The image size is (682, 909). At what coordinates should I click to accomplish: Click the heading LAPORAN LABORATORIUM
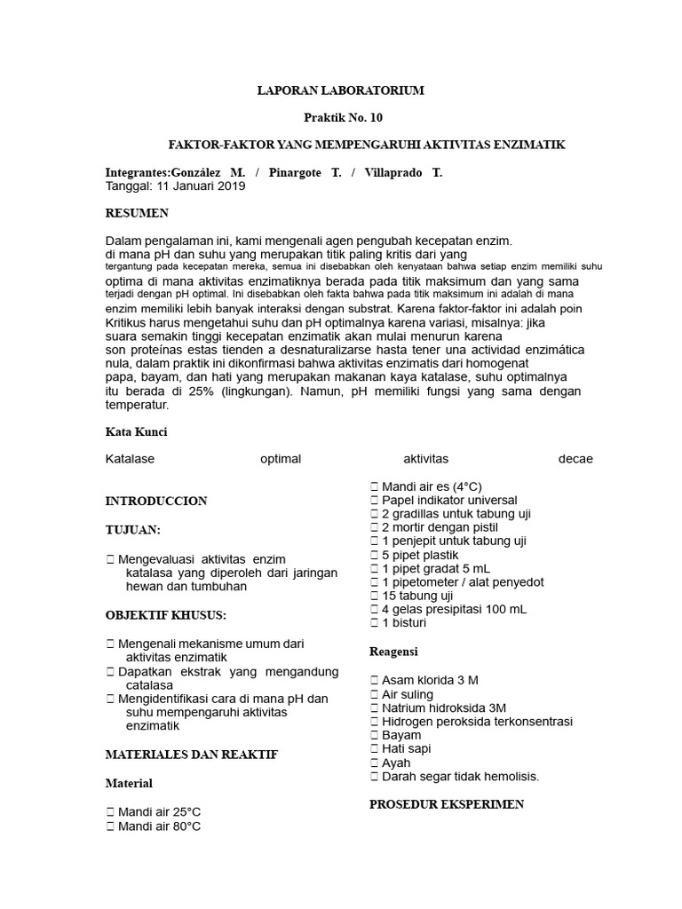pos(341,91)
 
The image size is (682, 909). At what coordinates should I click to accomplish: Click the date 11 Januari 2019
pos(201,186)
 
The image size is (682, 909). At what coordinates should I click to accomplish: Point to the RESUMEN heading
pos(137,214)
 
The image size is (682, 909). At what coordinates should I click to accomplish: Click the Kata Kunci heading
pos(136,432)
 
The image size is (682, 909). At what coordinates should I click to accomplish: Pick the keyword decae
pos(575,459)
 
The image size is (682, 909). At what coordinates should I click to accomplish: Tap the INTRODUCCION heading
pos(156,501)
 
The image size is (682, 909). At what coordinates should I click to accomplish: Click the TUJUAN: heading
pos(133,530)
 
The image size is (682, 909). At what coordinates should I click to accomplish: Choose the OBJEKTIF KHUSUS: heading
pos(165,615)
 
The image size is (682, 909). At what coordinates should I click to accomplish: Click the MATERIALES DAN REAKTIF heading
pos(192,755)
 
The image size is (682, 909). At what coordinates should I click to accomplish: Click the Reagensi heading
pos(393,652)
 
